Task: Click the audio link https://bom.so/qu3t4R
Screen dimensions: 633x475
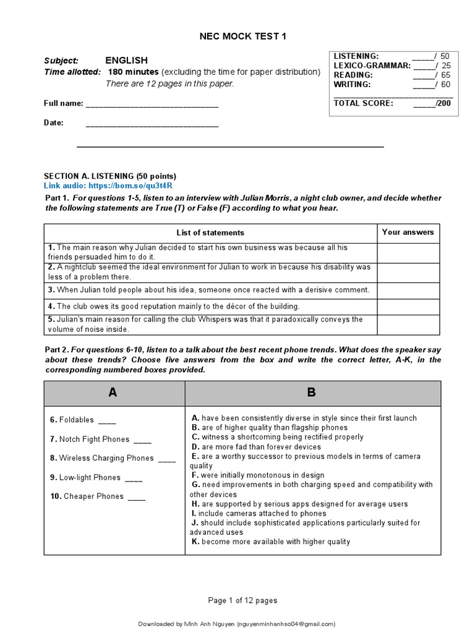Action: pyautogui.click(x=131, y=185)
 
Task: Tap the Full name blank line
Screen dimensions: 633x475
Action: pyautogui.click(x=152, y=104)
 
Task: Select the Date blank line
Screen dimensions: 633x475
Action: pyautogui.click(x=152, y=123)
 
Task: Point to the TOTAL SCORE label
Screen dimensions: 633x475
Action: pyautogui.click(x=363, y=103)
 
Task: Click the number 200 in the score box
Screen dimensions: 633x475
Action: pyautogui.click(x=443, y=103)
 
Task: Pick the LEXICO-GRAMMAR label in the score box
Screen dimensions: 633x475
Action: pyautogui.click(x=372, y=66)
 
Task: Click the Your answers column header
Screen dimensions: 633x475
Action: pyautogui.click(x=408, y=232)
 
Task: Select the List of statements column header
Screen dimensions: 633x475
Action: pyautogui.click(x=210, y=233)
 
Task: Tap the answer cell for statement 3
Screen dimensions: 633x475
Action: pyautogui.click(x=408, y=291)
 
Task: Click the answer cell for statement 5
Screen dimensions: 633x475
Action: pyautogui.click(x=408, y=325)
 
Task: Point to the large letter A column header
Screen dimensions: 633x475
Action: pyautogui.click(x=113, y=393)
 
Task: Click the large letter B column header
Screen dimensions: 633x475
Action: pyautogui.click(x=312, y=393)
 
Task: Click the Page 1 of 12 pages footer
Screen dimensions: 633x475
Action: pyautogui.click(x=242, y=600)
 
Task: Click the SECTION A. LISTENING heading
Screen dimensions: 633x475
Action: pyautogui.click(x=109, y=176)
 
